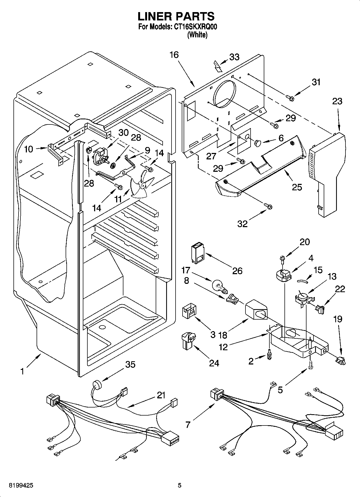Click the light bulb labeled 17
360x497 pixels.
coord(219,286)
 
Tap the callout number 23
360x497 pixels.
coord(337,101)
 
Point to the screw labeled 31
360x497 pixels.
coord(290,98)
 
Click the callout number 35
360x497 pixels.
coord(130,364)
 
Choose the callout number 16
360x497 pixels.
coord(174,55)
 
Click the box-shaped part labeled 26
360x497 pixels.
coord(198,253)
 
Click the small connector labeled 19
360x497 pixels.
coord(341,360)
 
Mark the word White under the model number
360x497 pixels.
coord(197,35)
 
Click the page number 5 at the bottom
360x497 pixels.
coord(180,485)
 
